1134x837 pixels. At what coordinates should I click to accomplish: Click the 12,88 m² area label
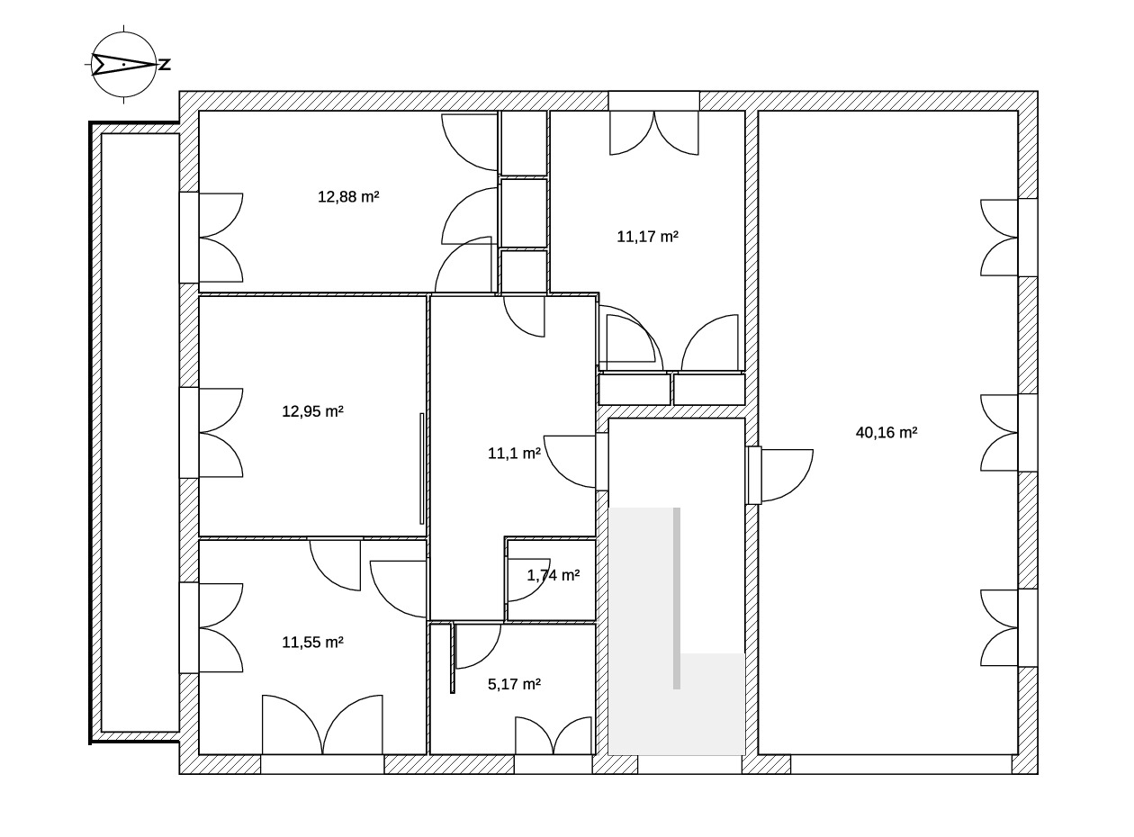348,197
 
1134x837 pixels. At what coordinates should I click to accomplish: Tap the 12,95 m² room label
312,411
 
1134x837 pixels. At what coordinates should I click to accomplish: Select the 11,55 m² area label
312,643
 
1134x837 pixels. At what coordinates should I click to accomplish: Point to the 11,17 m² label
647,237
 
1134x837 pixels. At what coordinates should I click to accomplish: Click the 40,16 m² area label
886,433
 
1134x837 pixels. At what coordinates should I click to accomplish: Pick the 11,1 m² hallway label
514,453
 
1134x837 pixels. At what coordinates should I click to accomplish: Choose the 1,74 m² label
553,575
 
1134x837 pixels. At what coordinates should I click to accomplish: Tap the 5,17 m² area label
514,684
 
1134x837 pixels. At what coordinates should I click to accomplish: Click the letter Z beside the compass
165,65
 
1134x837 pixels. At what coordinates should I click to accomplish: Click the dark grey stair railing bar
677,598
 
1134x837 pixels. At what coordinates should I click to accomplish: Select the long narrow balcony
134,433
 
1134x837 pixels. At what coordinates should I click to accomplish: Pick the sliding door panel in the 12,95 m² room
422,468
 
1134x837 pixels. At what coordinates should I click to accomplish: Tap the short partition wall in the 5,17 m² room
453,658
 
